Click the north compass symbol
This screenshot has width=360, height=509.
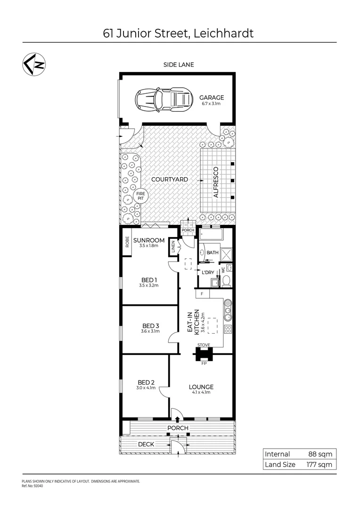coord(34,65)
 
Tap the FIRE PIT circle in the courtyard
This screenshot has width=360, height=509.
coord(140,196)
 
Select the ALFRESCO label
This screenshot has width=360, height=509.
coord(216,181)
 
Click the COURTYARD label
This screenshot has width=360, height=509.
coord(170,180)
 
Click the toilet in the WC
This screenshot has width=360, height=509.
coord(226,281)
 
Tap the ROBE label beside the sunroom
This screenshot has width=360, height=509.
coord(127,242)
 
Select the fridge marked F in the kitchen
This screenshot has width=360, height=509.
coord(202,294)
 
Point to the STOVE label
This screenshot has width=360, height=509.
coord(204,345)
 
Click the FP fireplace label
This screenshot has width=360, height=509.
coord(204,363)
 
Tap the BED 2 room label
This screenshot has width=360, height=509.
coord(146,382)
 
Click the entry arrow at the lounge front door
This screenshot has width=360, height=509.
coord(178,419)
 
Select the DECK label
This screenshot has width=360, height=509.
coord(144,444)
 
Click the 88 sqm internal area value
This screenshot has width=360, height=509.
coord(320,454)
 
